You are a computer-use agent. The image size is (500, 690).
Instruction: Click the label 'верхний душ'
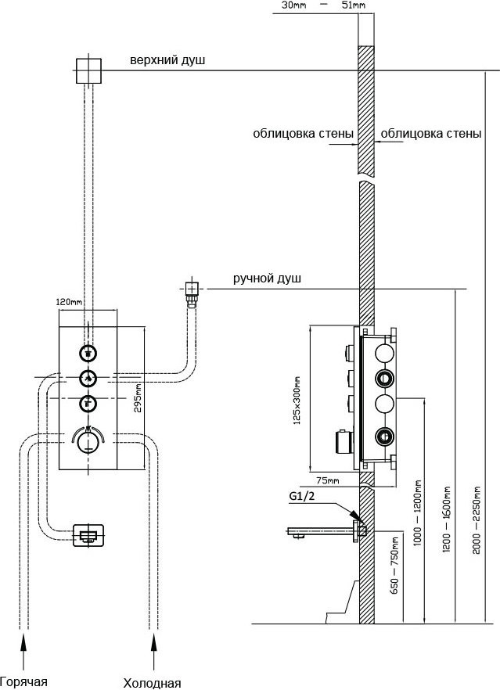168,61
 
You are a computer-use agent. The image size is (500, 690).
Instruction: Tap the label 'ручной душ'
267,279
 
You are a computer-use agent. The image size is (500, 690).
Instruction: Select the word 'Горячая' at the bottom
23,681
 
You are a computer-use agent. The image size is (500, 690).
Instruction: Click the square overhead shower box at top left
89,70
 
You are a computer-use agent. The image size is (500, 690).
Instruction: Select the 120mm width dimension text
69,302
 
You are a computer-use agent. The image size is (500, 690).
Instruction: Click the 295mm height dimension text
137,397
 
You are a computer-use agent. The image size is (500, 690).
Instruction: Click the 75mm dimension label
328,480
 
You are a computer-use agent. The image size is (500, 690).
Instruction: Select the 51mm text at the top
354,6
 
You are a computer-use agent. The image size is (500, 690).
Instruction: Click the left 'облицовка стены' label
303,134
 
